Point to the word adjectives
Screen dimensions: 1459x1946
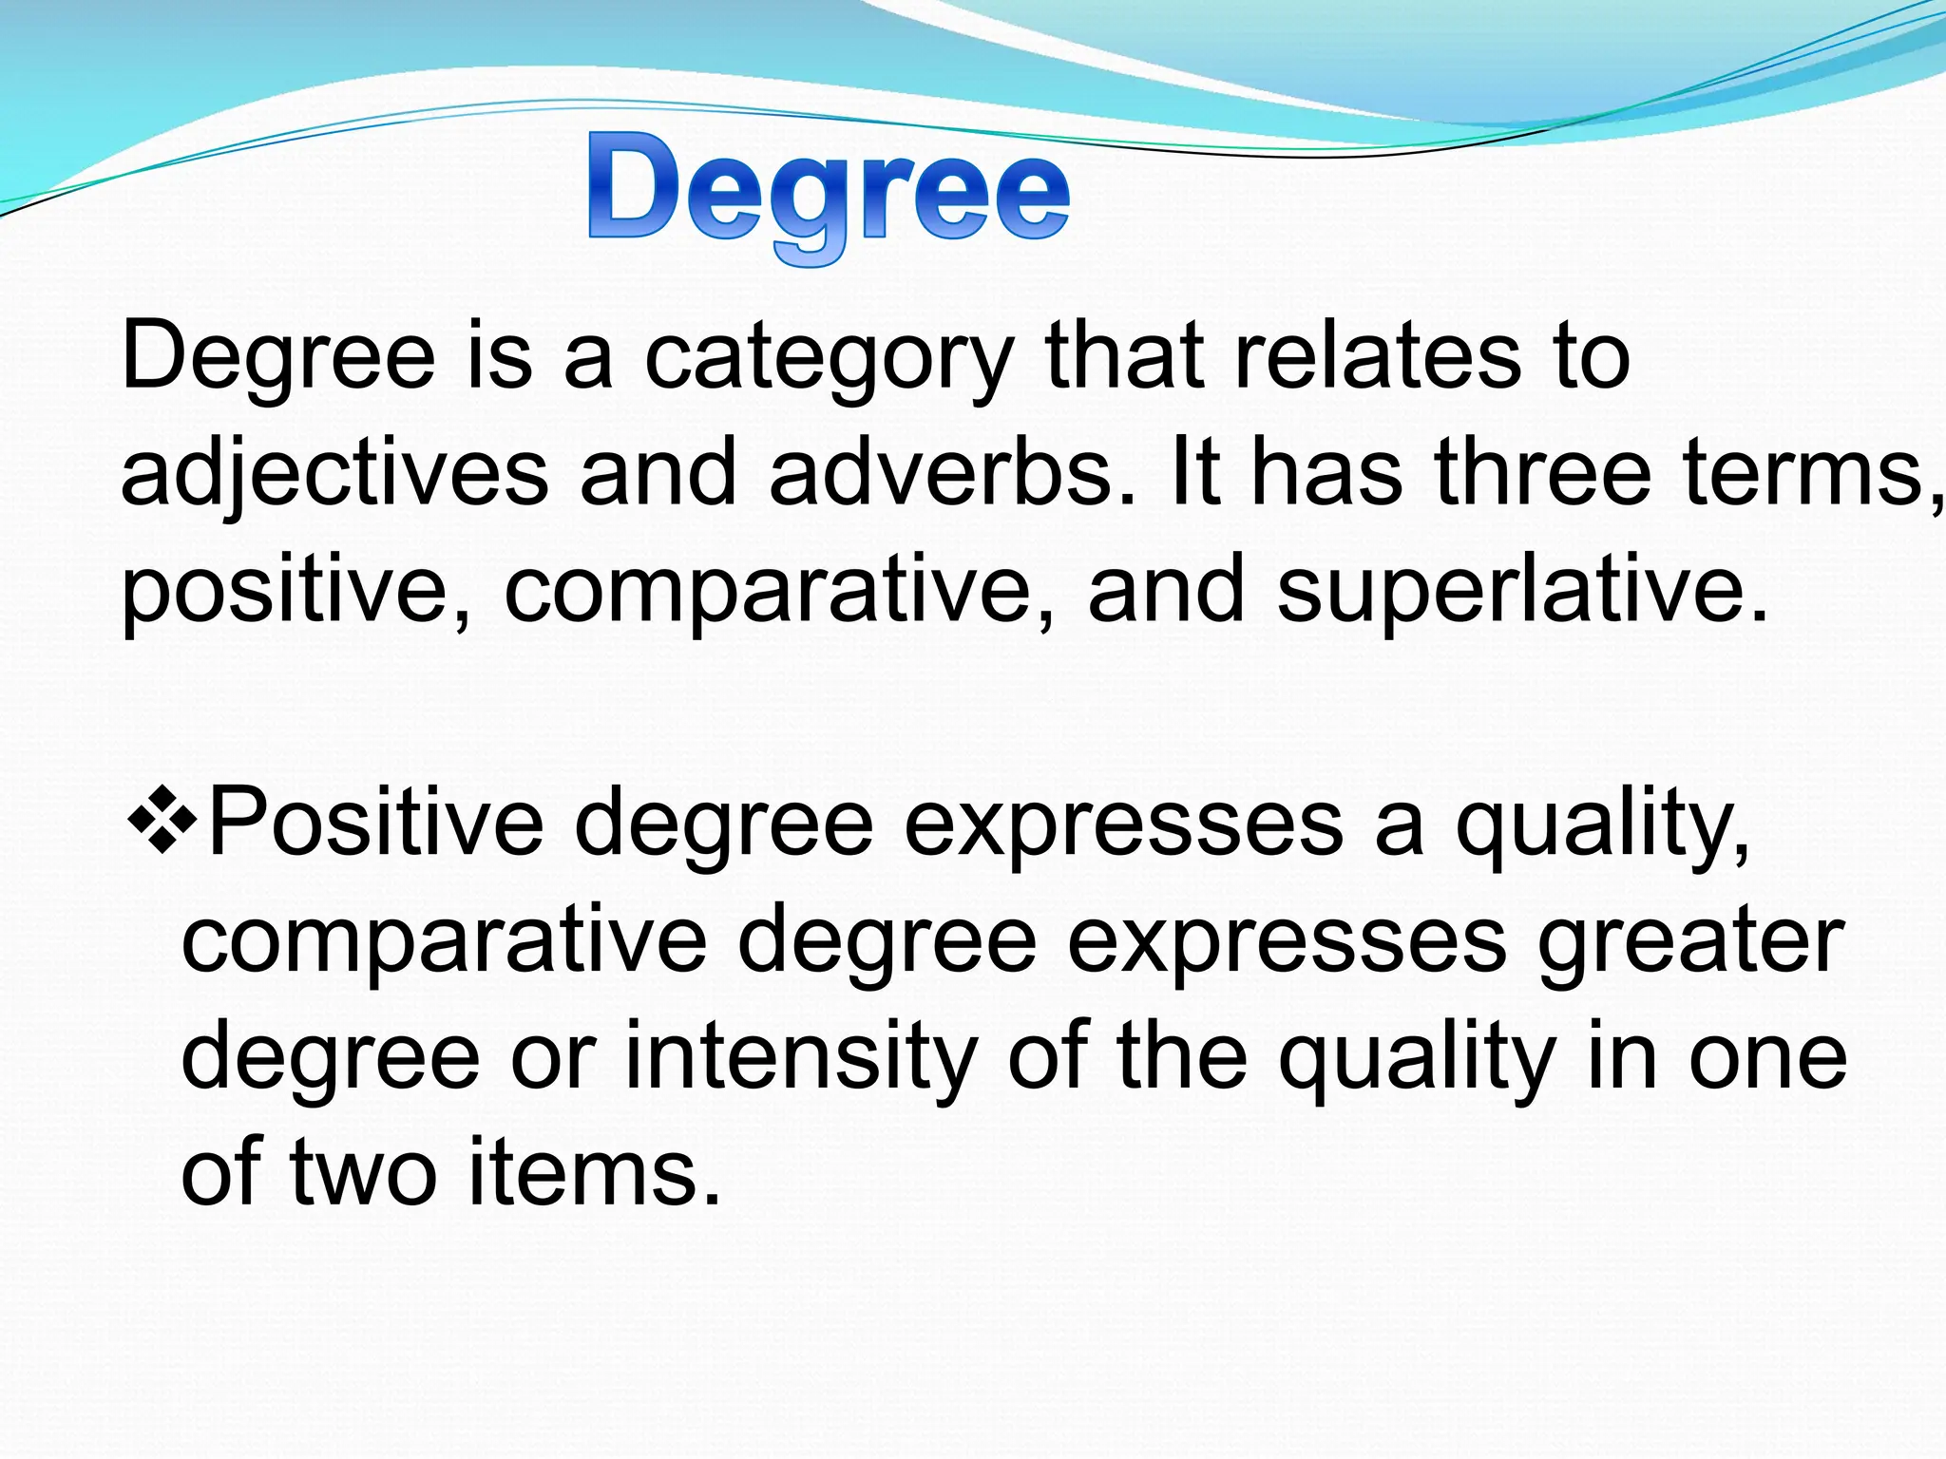pyautogui.click(x=334, y=475)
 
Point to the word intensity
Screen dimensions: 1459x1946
pyautogui.click(x=800, y=1058)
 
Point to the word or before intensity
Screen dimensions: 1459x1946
pyautogui.click(x=553, y=1060)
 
